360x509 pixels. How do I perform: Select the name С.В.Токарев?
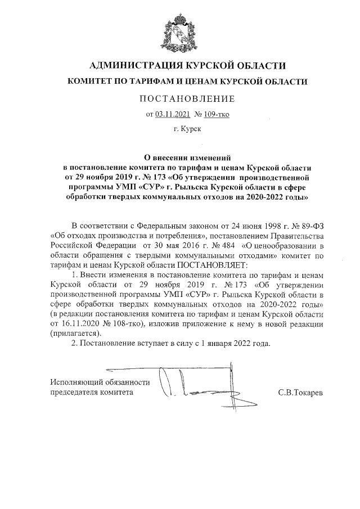tap(300, 392)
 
